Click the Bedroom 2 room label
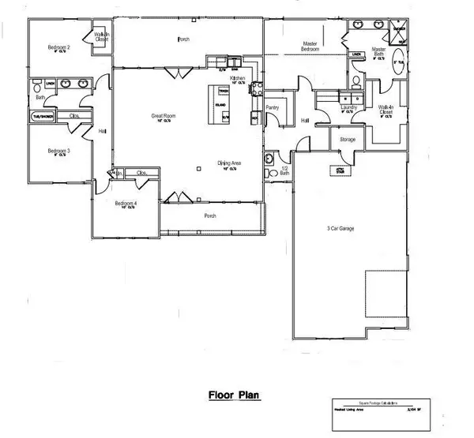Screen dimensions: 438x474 click(x=59, y=48)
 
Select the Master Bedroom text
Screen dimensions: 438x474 click(x=310, y=47)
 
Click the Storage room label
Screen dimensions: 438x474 click(x=348, y=140)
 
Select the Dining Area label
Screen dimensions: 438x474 click(x=230, y=164)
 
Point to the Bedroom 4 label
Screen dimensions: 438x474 click(x=126, y=204)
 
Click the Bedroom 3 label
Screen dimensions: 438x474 click(x=58, y=151)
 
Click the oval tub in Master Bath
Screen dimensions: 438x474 click(x=401, y=58)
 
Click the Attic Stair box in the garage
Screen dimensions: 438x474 click(x=340, y=170)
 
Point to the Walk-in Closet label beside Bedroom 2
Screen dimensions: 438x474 click(x=101, y=36)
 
